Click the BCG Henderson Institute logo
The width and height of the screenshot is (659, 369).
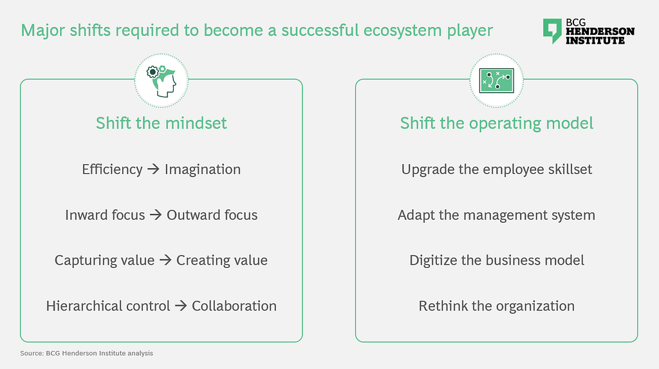point(588,31)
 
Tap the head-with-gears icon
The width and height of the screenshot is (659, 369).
point(162,81)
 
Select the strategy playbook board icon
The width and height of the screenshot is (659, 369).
point(496,80)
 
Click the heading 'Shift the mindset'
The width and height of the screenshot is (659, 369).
point(162,123)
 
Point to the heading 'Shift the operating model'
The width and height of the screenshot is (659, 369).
point(496,124)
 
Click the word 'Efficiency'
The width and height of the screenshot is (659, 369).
point(112,169)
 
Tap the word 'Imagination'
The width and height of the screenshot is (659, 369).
point(203,169)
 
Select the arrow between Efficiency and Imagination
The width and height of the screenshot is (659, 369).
point(153,169)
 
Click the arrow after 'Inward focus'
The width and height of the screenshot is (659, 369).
point(156,214)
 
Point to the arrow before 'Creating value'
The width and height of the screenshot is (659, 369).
point(165,260)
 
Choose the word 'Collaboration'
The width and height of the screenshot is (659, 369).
point(234,306)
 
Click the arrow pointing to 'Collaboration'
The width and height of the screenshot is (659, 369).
point(181,305)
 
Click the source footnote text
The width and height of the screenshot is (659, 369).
point(87,354)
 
